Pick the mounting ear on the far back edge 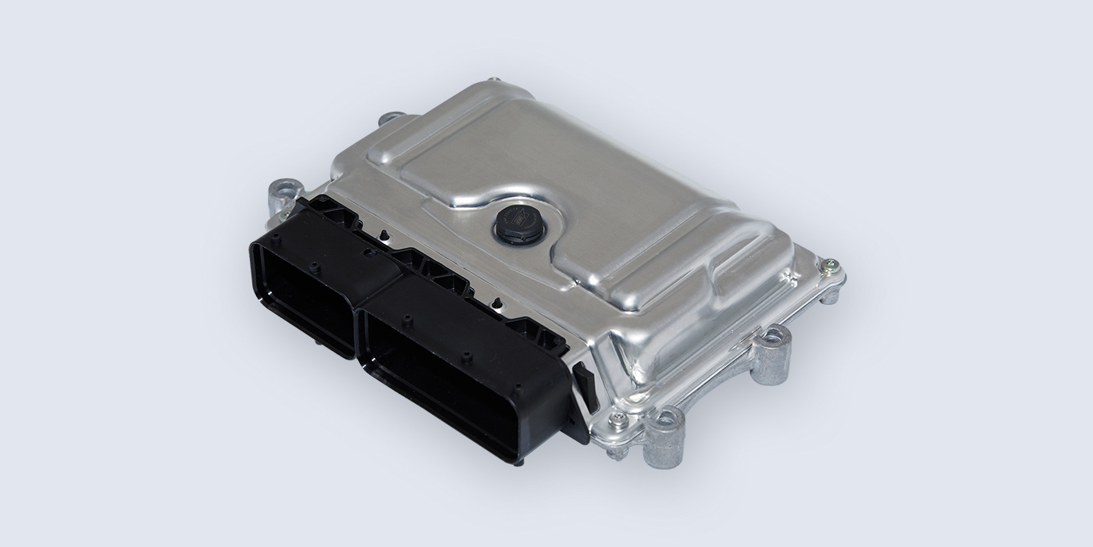pos(392,120)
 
